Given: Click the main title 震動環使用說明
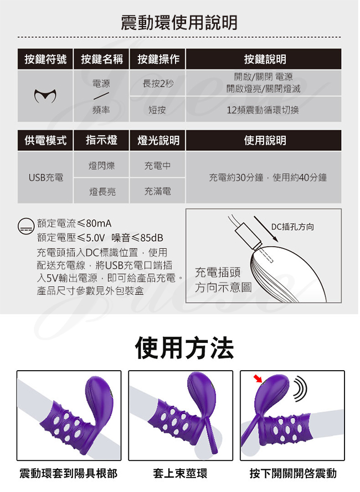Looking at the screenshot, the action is [x=179, y=22].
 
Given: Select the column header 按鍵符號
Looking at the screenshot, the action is [x=45, y=59].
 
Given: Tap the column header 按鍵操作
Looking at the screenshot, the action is [x=158, y=59].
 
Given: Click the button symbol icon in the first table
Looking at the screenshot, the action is [x=45, y=96].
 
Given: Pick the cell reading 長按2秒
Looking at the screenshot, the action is [x=158, y=84].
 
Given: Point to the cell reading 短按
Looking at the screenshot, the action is [x=157, y=110].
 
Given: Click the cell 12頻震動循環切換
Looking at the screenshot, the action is [x=263, y=110].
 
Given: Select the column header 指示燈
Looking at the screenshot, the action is [x=101, y=140].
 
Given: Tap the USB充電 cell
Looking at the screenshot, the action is [x=46, y=178].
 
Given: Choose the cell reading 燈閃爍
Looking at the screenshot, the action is [x=102, y=165].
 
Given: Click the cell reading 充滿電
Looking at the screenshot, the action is [x=158, y=191].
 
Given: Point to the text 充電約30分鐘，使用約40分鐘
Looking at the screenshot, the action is [x=268, y=178].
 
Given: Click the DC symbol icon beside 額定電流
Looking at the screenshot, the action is [x=25, y=227].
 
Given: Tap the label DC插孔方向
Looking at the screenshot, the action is [x=292, y=227].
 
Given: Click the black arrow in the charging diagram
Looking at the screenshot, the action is [x=266, y=229].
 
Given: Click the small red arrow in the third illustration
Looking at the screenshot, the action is [x=258, y=379].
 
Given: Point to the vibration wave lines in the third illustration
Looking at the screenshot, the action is [x=300, y=389].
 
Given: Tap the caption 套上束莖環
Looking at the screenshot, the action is [x=181, y=473].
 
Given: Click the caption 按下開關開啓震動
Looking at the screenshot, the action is [x=293, y=473].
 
